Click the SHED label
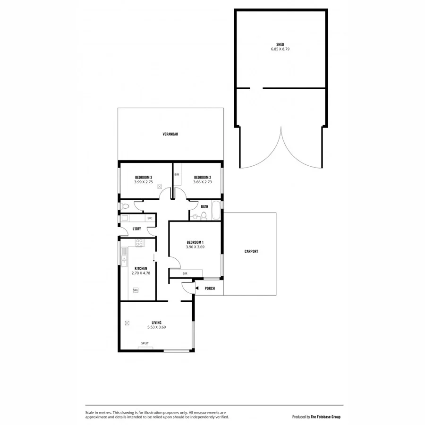point(280,44)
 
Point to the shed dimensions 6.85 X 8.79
point(280,49)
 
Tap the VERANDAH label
point(170,134)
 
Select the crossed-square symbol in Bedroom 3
point(160,187)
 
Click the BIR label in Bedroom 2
point(177,174)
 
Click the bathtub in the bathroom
point(216,211)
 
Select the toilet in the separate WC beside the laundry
point(125,206)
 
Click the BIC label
point(150,218)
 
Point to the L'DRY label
point(137,229)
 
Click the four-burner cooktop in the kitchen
point(139,243)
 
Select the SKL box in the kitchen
point(136,290)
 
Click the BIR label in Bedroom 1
point(186,273)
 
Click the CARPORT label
point(251,252)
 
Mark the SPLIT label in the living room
point(145,343)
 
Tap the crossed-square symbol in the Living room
point(127,323)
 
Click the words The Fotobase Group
point(325,416)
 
